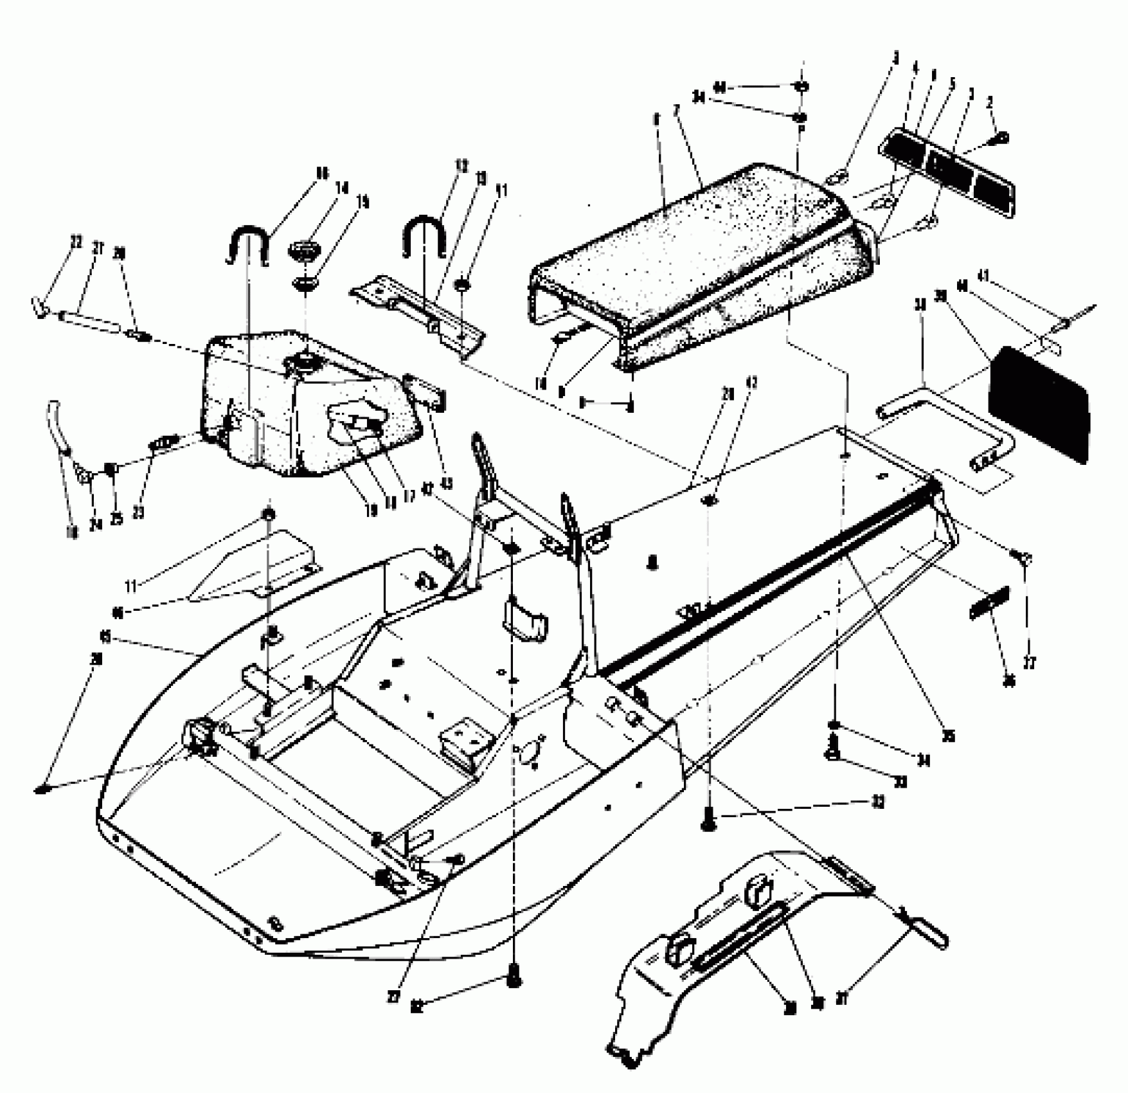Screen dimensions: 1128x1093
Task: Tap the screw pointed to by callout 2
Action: click(x=1001, y=138)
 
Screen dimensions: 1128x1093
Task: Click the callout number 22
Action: click(x=76, y=242)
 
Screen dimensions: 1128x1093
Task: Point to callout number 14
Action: click(x=341, y=188)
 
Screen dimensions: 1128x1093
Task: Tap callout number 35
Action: click(x=947, y=736)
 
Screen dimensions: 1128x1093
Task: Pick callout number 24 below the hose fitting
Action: click(x=95, y=525)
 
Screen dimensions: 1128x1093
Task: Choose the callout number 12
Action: click(x=461, y=165)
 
